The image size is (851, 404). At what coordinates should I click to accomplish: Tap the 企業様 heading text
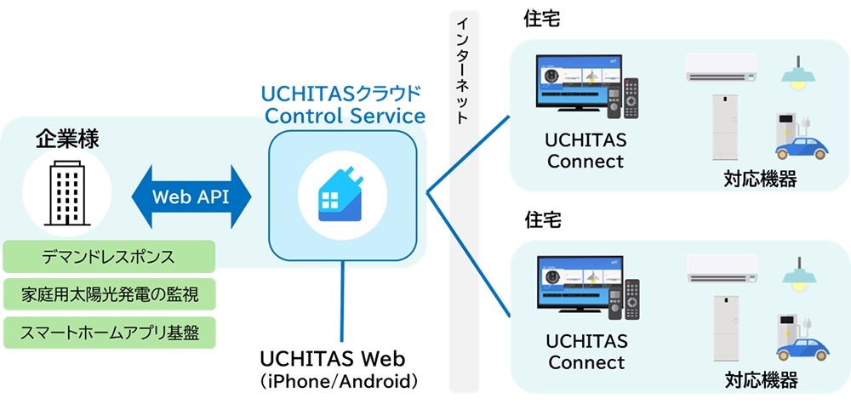[67, 139]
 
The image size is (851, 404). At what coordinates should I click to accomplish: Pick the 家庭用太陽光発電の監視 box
[109, 294]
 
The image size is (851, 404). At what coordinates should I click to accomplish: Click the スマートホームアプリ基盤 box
[109, 333]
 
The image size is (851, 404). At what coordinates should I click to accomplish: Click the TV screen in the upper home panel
[574, 84]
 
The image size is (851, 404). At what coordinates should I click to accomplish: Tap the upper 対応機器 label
[760, 179]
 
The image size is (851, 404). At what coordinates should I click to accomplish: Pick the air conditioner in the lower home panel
[724, 269]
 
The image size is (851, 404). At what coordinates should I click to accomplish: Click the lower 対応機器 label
[760, 379]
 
